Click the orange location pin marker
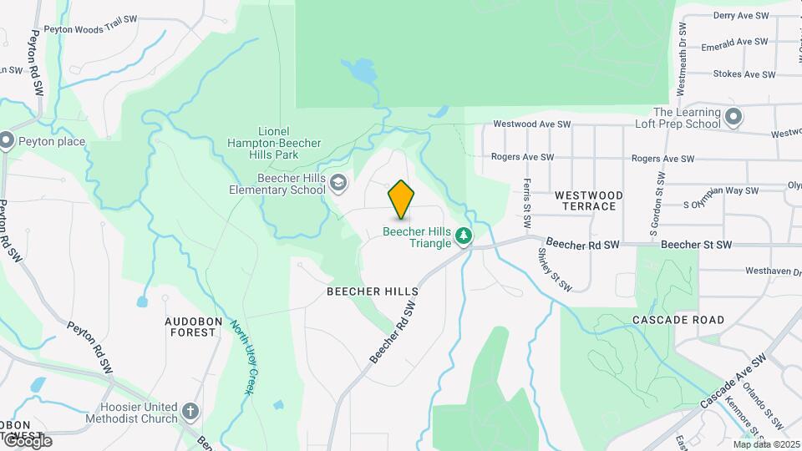(402, 199)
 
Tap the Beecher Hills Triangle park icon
(464, 237)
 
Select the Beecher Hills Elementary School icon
(338, 183)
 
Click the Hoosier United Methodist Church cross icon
(190, 412)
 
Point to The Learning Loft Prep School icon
(733, 117)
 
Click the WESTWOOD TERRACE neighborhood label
(589, 200)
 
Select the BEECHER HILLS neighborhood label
(372, 291)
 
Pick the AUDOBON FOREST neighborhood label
(190, 327)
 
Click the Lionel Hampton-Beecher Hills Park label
(274, 138)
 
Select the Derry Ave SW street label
(740, 16)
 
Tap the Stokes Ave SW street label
(744, 74)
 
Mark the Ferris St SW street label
(527, 204)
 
